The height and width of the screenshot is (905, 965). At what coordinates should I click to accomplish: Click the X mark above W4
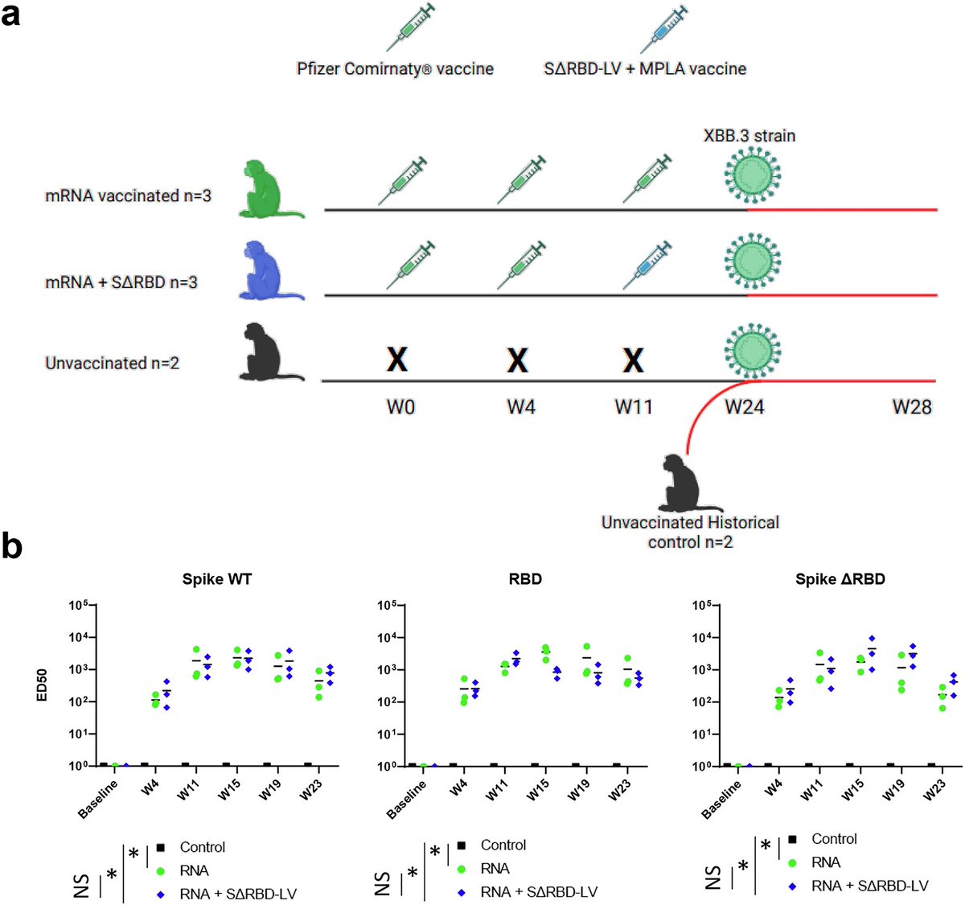(x=517, y=360)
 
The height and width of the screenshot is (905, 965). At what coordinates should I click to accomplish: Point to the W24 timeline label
(x=744, y=407)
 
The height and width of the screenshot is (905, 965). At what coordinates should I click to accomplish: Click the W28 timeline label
(x=912, y=407)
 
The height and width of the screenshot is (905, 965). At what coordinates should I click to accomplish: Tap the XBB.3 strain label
(x=749, y=135)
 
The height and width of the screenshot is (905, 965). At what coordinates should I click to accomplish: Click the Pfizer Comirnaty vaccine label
(x=395, y=69)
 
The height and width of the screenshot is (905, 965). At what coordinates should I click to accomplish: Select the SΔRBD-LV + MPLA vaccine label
(x=645, y=69)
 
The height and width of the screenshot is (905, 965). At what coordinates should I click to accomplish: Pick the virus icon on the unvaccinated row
(x=752, y=348)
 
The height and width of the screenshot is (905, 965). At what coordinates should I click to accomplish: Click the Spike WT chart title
(x=217, y=579)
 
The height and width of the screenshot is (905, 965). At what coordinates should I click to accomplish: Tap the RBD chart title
(x=525, y=579)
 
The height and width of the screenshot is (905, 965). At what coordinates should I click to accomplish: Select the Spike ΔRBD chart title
(x=840, y=579)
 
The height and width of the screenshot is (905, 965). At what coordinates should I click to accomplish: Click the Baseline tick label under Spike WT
(x=99, y=798)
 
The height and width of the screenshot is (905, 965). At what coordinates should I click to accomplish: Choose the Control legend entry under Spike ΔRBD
(x=834, y=839)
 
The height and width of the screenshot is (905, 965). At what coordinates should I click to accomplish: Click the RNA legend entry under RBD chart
(x=495, y=869)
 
